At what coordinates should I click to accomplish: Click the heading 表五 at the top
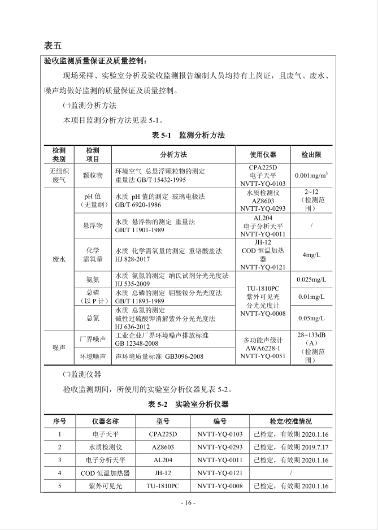(52, 45)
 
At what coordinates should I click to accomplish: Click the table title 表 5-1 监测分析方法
(188, 135)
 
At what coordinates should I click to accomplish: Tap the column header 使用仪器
(263, 154)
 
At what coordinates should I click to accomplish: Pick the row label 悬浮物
(93, 225)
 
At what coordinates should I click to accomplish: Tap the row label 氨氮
(93, 280)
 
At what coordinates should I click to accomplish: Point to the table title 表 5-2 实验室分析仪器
(188, 405)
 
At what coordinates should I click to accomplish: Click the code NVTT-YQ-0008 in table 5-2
(220, 486)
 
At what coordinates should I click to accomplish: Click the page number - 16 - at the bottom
(188, 503)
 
